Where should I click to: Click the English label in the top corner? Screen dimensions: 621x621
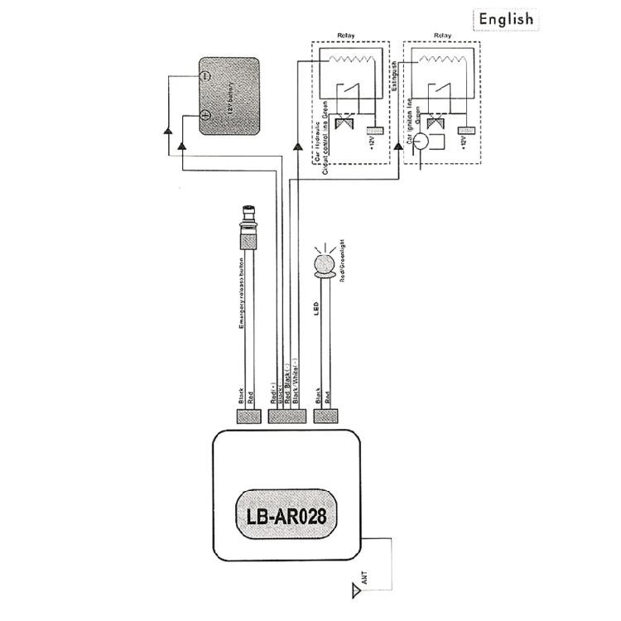coord(505,19)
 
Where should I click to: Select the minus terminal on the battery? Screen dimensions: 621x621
coord(206,76)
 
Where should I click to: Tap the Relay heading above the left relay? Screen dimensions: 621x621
coord(347,36)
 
